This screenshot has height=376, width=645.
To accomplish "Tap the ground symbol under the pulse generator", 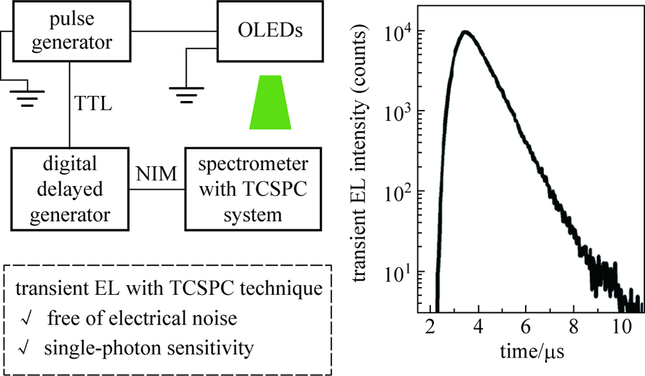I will pos(26,97).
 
